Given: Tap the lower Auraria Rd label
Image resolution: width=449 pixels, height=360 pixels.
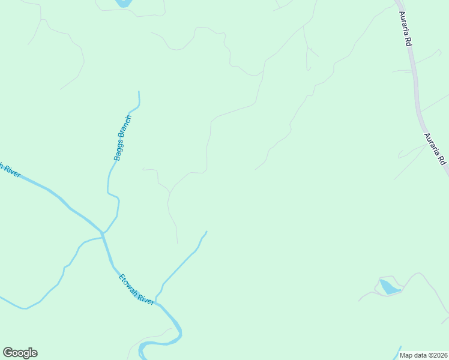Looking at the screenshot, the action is click(x=436, y=149).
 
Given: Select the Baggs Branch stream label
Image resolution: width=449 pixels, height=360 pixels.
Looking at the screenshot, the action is click(x=122, y=137).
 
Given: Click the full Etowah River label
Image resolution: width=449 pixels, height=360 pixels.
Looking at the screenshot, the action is click(x=137, y=289).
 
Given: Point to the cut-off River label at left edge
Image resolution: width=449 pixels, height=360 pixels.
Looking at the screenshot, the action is click(x=10, y=170).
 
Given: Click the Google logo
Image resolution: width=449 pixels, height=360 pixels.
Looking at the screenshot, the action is click(x=20, y=353).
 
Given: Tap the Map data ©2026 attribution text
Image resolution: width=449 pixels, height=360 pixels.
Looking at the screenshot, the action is click(x=423, y=355).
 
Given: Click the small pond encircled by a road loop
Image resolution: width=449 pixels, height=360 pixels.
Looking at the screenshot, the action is click(x=389, y=287).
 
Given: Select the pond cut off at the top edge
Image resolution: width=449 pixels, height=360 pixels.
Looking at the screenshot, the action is click(x=123, y=3).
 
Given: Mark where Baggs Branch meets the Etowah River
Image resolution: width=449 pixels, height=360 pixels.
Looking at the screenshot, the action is click(x=103, y=233).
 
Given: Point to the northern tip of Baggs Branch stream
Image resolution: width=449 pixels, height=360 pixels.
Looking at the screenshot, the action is click(x=139, y=92).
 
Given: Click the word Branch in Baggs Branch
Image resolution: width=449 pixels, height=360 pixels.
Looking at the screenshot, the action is click(x=125, y=127).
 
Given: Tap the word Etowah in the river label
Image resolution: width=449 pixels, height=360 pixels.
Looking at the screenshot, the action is click(x=128, y=283).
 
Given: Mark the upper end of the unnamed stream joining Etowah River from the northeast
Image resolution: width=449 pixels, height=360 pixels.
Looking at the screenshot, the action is click(x=206, y=232).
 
